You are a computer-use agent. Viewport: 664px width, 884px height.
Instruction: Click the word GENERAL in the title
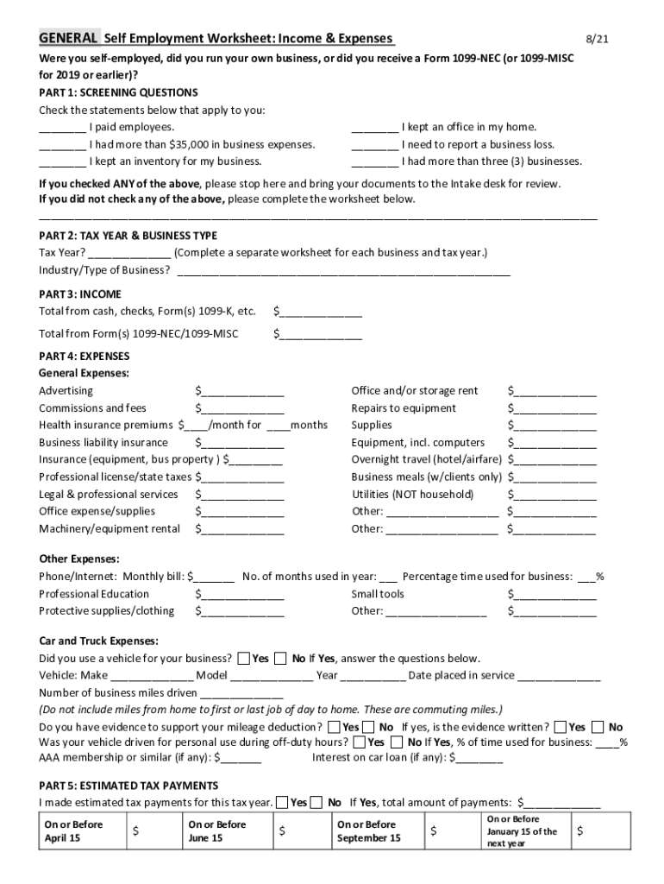tap(67, 39)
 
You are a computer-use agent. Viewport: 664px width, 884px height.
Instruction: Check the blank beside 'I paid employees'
tap(62, 128)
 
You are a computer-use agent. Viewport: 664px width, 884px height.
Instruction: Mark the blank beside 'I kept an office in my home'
tap(374, 128)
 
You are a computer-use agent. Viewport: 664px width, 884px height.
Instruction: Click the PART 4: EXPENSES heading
tap(84, 356)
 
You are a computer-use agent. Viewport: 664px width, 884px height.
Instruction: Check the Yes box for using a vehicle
tap(244, 659)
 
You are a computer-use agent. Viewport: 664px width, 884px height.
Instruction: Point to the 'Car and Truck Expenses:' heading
tap(98, 641)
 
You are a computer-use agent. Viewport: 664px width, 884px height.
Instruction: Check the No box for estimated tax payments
tap(316, 803)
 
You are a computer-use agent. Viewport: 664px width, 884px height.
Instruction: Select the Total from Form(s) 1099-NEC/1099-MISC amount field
tap(320, 334)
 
